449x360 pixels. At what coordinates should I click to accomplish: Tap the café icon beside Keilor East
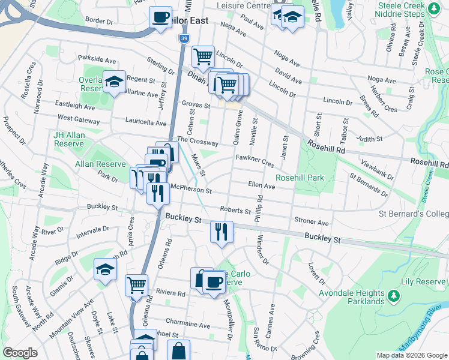coord(160,17)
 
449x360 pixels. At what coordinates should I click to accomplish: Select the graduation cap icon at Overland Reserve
coord(113,82)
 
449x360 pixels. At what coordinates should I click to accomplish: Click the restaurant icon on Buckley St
coord(221,232)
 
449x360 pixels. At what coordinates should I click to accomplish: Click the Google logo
coord(20,353)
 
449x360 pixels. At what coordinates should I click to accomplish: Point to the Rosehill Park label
coord(300,178)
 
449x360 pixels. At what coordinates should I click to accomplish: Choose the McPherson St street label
coord(191,190)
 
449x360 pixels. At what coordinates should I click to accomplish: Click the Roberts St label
coord(235,211)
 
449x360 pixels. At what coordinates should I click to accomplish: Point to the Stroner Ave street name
coord(312,221)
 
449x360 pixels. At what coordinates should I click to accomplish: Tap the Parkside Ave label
coord(96,60)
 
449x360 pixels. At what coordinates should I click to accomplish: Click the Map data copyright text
coord(412,355)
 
